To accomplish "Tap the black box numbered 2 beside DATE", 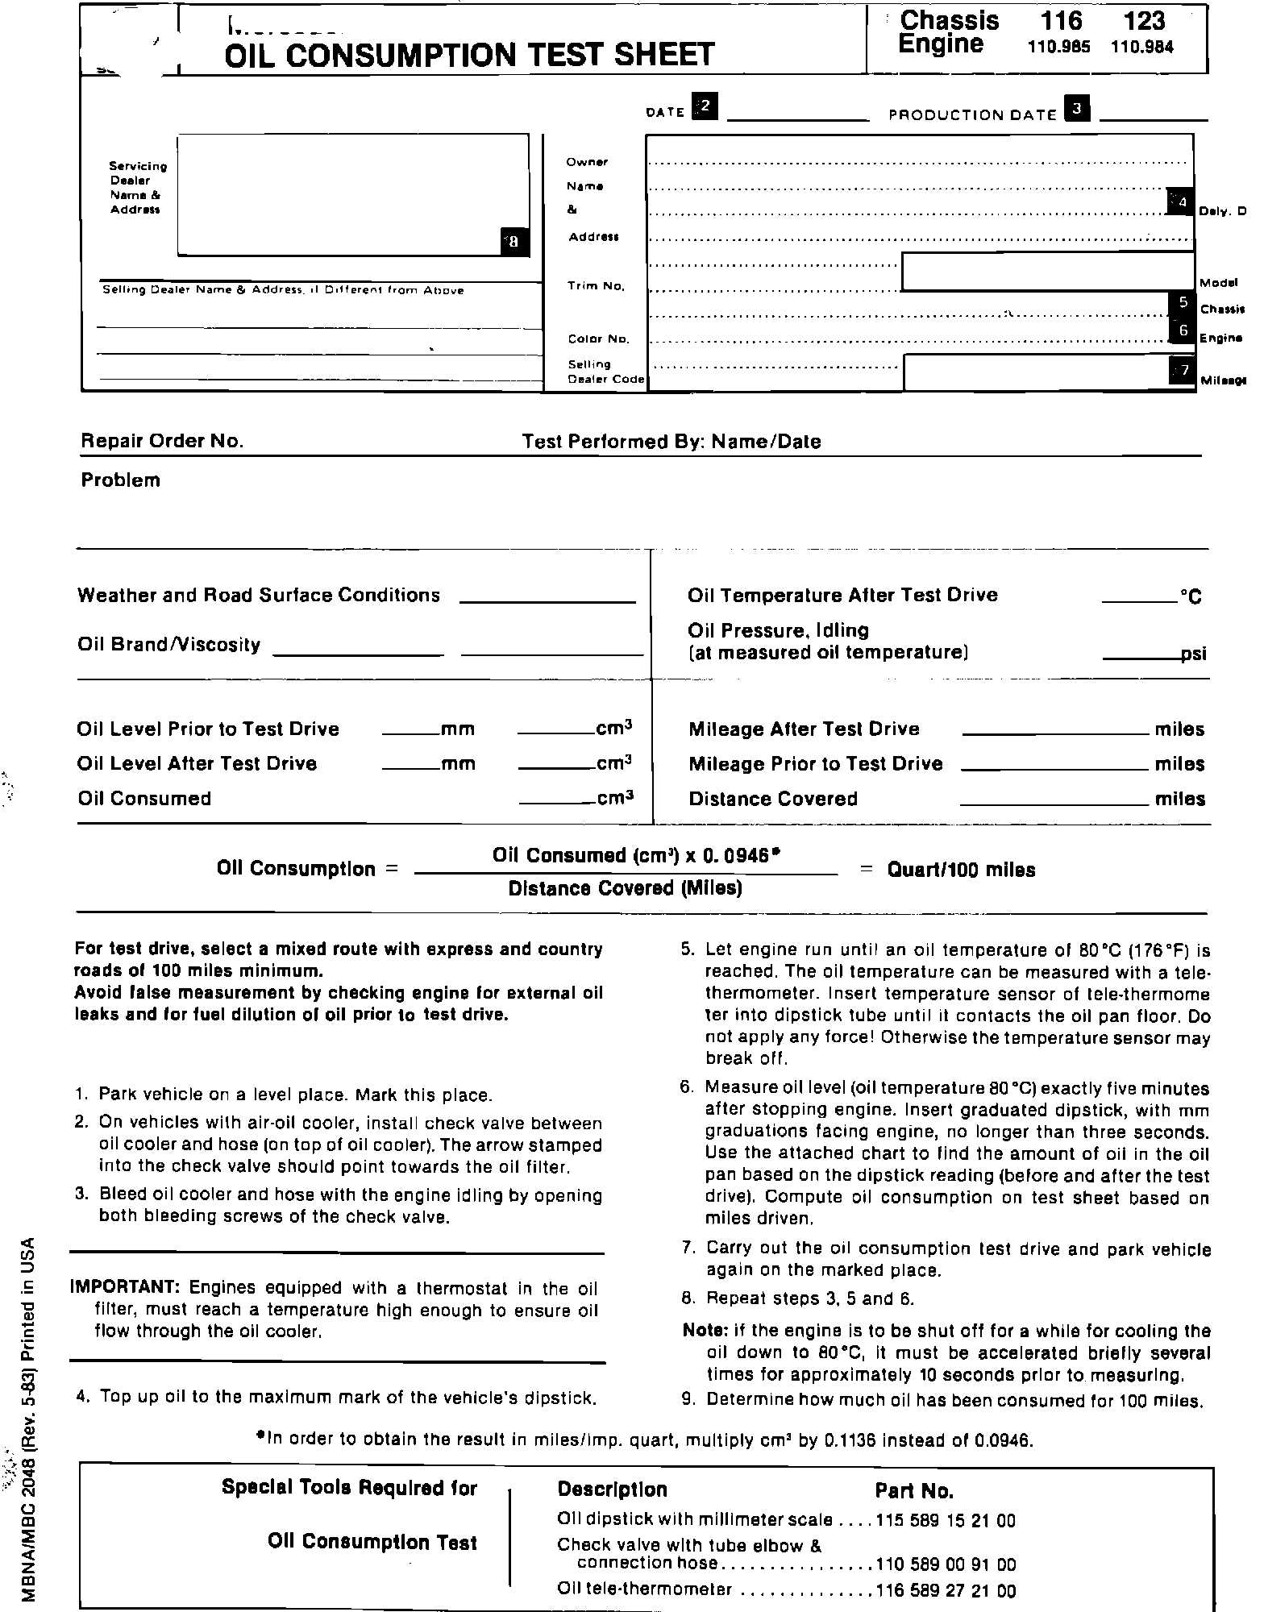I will pos(705,106).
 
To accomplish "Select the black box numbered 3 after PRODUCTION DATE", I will pos(1077,108).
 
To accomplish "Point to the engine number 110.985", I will pos(1058,48).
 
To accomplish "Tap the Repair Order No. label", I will pos(162,441).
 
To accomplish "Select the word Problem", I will pos(121,480).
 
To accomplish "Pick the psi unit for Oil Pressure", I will pos(1194,654).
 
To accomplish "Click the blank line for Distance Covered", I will pos(1054,804).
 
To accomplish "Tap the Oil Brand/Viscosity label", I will pos(169,645).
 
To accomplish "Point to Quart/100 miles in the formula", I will pos(961,870).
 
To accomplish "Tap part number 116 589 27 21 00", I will pos(945,1590).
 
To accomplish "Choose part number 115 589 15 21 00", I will pos(945,1520).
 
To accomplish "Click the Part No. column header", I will pos(914,1490).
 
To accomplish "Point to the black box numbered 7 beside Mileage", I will pos(1183,371).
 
